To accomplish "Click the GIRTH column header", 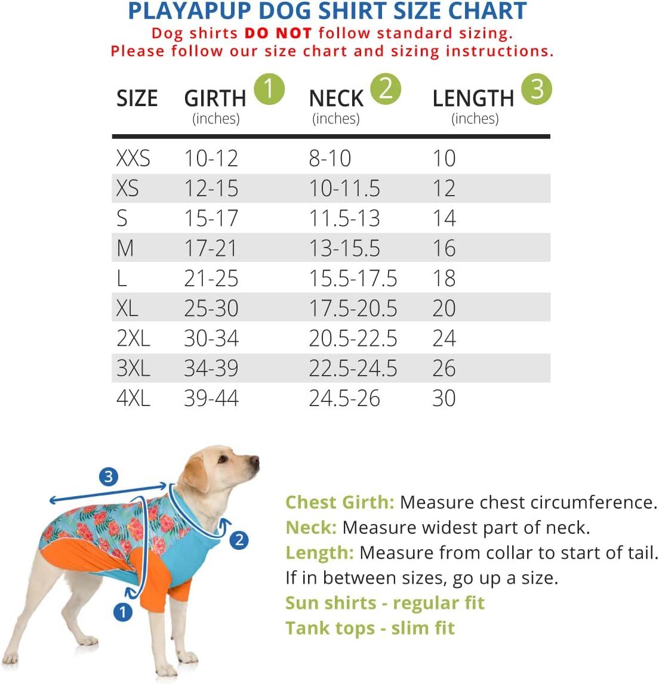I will [x=215, y=98].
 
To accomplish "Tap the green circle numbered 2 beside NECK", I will [x=386, y=89].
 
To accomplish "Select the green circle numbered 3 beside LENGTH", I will [x=537, y=89].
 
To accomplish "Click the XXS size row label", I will [x=133, y=158].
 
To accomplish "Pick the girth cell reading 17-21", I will [x=211, y=248].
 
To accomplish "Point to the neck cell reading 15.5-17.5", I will [x=353, y=278].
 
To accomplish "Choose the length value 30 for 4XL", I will [x=444, y=398].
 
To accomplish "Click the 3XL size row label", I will [x=133, y=368].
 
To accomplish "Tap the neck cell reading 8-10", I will [x=330, y=158].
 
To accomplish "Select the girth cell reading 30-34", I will [x=211, y=338].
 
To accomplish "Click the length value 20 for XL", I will [x=444, y=308].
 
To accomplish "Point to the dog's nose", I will [x=255, y=461].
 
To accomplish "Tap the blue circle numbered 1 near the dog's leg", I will [x=123, y=612].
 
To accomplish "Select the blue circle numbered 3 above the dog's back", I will [x=108, y=477].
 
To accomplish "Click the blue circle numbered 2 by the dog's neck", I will [x=239, y=540].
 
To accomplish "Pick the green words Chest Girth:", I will [x=340, y=502].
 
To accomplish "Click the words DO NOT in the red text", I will [x=278, y=33].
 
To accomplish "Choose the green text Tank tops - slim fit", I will [x=370, y=628].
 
